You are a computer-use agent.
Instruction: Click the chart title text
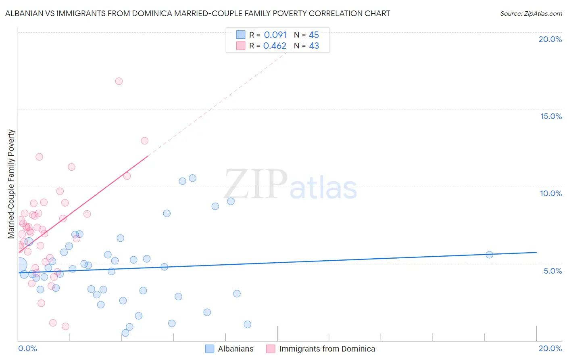198,13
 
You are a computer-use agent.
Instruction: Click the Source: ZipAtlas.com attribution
531,13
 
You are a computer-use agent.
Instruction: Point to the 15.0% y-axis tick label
551,116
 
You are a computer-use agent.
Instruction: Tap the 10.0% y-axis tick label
551,193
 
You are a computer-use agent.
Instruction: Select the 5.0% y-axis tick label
552,271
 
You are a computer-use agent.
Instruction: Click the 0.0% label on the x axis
27,348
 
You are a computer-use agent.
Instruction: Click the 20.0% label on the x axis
550,348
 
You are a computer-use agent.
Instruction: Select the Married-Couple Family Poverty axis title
11,184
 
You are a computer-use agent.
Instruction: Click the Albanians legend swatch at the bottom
210,349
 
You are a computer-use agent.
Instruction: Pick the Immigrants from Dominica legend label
327,349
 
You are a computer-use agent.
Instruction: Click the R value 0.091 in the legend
275,35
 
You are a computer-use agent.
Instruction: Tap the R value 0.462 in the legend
275,46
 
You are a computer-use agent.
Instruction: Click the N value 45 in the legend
314,35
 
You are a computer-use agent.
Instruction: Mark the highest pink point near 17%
119,81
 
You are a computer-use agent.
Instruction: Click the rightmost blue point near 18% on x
489,255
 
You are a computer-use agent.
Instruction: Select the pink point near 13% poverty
144,141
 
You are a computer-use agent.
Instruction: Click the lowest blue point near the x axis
125,333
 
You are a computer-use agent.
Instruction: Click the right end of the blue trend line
536,252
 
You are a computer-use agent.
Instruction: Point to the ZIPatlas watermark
290,184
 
